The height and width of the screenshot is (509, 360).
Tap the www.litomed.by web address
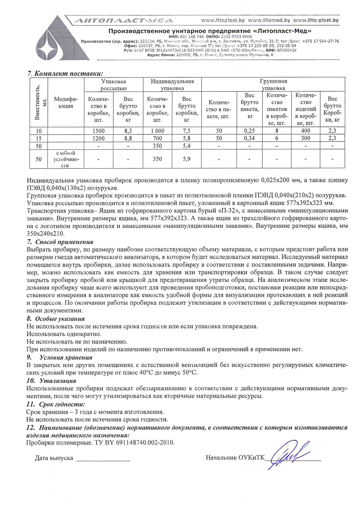[269, 20]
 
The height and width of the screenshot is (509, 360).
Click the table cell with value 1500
[99, 131]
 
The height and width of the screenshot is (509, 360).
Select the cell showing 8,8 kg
[128, 138]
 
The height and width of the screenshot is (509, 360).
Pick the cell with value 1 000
[157, 131]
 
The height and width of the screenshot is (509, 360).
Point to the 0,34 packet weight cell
[249, 138]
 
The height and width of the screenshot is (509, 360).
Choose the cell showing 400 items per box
[305, 131]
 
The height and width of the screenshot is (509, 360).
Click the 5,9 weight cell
[186, 159]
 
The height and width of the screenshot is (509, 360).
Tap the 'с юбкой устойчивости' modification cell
[66, 159]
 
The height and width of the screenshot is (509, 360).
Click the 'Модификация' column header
[66, 103]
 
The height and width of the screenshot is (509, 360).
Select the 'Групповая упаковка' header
[273, 85]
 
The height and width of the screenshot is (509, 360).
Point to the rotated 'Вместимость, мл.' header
[39, 103]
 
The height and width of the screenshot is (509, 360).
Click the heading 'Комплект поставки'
[68, 74]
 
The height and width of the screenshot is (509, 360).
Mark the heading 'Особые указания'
[60, 319]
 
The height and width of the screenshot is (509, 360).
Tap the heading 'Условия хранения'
[66, 357]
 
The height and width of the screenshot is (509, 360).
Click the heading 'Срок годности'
[62, 404]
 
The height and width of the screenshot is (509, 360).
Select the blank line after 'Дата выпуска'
[103, 459]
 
